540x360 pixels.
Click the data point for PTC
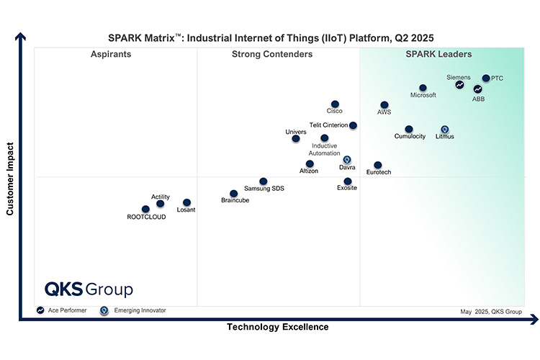[486, 78]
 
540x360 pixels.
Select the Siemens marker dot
[459, 85]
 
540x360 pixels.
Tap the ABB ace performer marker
[477, 89]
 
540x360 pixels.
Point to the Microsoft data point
[423, 88]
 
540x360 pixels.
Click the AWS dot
[384, 105]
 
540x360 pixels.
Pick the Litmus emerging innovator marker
[445, 130]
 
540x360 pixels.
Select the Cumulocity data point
[409, 130]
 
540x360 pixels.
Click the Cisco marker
[335, 104]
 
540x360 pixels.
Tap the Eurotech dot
[378, 166]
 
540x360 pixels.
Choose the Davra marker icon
[347, 160]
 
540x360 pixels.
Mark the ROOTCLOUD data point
[146, 210]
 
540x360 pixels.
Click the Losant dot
[186, 203]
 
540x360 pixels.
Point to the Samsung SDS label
[264, 189]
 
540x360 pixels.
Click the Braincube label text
[235, 201]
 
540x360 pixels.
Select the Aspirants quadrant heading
[111, 55]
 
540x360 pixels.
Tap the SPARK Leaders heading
[438, 55]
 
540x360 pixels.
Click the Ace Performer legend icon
[41, 310]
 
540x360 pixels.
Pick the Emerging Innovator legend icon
[104, 310]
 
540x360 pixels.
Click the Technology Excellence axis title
[278, 327]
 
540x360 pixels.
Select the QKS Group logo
[89, 289]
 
